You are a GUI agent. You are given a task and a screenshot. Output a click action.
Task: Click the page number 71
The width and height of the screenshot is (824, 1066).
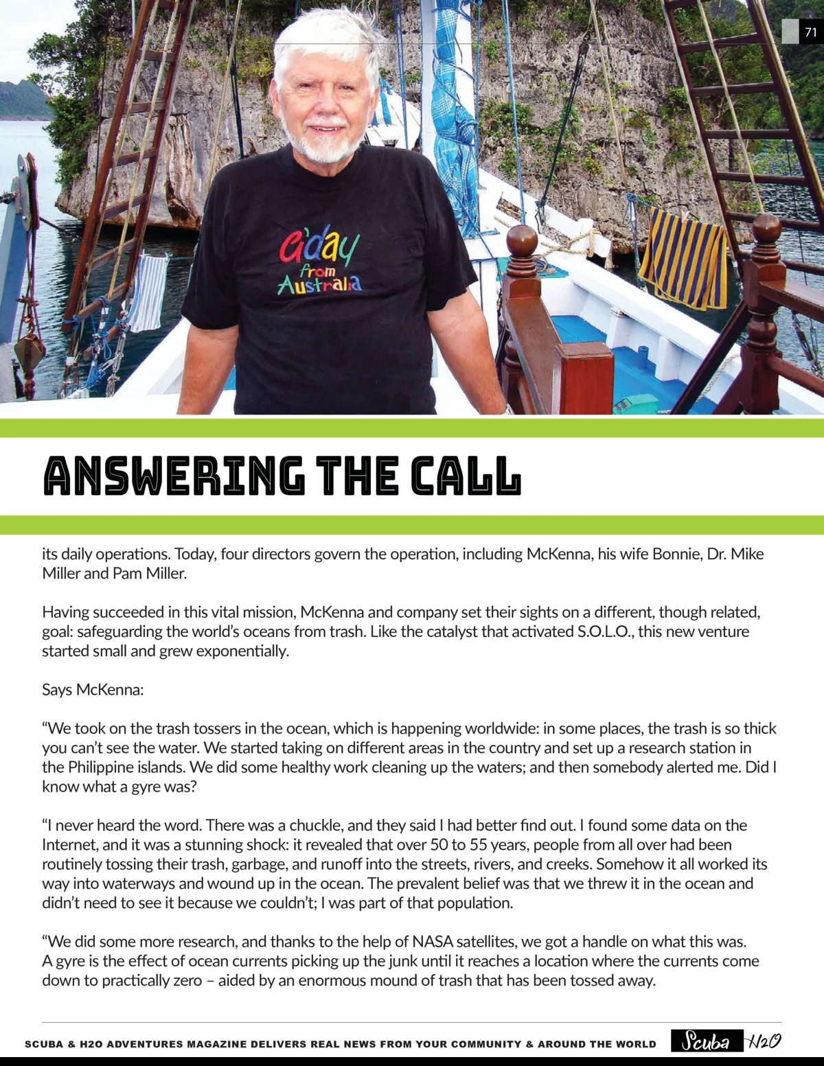(811, 32)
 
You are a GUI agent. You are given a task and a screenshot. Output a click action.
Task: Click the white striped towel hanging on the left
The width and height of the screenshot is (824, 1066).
(148, 292)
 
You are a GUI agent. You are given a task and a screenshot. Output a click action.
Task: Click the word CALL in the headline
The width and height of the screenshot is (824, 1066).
(466, 476)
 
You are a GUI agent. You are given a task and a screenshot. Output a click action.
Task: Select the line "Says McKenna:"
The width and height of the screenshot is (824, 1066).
(93, 690)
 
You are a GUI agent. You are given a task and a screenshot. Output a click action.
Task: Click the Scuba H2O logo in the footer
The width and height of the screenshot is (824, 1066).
(726, 1041)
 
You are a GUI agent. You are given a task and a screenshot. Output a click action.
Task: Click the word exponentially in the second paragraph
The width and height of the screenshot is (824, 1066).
(242, 651)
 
